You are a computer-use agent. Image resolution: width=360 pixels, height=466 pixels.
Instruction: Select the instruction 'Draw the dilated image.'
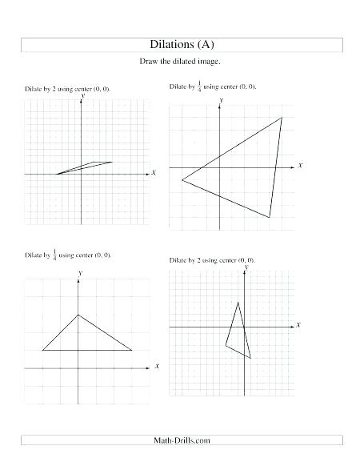(x=180, y=62)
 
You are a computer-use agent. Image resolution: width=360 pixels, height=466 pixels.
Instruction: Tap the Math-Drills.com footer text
(x=182, y=440)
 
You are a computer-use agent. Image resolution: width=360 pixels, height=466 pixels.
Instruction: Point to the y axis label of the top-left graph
(x=82, y=94)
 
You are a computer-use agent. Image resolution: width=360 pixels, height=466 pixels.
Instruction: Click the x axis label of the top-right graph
(x=300, y=165)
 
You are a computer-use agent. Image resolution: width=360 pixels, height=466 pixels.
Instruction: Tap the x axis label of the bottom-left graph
(x=157, y=366)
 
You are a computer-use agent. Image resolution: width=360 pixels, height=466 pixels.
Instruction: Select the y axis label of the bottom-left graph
(x=80, y=272)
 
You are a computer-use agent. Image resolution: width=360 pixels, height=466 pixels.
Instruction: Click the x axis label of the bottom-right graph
(x=298, y=325)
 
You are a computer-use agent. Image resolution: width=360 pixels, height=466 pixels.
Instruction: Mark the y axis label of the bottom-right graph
(x=245, y=267)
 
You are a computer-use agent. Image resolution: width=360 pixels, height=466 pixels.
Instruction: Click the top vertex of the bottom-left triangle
(x=78, y=315)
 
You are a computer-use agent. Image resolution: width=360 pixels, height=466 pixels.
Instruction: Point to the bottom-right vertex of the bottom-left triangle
(x=132, y=350)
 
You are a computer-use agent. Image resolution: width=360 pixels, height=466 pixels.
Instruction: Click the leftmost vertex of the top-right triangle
(x=182, y=180)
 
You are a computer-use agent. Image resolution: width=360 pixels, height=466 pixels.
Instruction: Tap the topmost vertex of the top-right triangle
(x=282, y=118)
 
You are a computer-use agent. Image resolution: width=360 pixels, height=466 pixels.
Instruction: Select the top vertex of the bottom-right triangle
(x=238, y=301)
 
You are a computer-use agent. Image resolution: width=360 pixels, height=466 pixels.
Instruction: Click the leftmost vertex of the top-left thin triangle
(x=56, y=173)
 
